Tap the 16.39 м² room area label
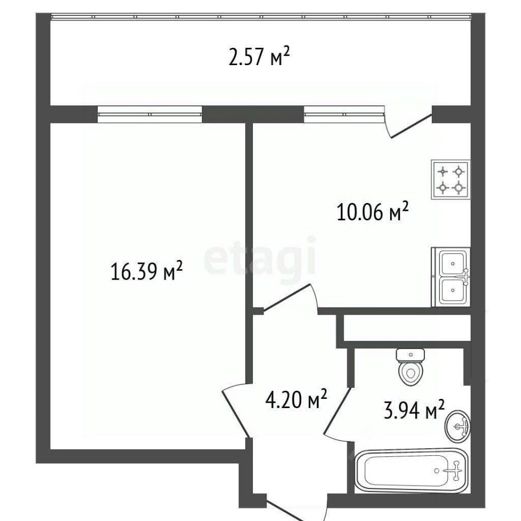tap(147, 271)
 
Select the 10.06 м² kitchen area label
tap(372, 212)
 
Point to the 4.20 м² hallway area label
tap(296, 399)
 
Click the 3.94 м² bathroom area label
tap(414, 409)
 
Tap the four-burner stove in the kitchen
tap(450, 180)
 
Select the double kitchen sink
tap(451, 277)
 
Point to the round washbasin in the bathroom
tap(458, 427)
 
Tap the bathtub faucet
tap(455, 471)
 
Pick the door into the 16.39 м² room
tap(235, 411)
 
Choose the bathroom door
tap(337, 411)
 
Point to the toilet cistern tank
tap(410, 355)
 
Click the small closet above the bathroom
tap(407, 328)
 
